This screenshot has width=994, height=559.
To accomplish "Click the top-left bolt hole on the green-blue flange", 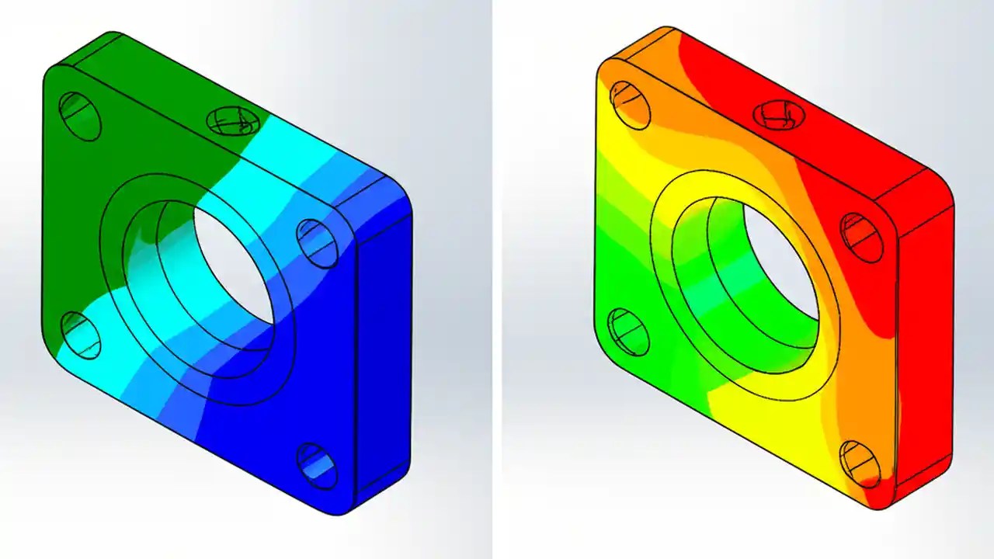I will point(80,116).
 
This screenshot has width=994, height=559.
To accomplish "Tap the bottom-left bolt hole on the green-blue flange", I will point(80,335).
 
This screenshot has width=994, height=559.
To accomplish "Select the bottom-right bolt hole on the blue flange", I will point(317,466).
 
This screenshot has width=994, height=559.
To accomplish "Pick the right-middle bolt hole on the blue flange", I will point(317,242).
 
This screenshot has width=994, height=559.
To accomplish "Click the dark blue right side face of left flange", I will point(384,349).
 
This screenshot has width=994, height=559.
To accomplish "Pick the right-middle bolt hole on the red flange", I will point(862,237).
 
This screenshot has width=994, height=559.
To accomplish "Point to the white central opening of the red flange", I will point(780,260).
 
